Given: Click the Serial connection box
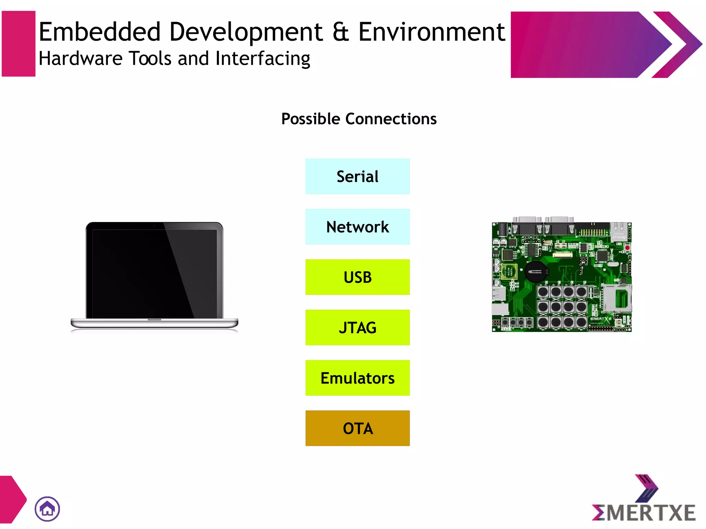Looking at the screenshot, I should [357, 176].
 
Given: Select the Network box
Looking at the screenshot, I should [357, 227].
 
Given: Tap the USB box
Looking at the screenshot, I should [357, 277].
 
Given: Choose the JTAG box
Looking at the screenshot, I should [357, 327].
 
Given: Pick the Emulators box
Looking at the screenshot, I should [357, 378].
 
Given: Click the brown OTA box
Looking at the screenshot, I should [357, 428].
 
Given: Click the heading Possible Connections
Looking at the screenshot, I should [359, 119].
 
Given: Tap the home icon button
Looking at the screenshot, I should [47, 509].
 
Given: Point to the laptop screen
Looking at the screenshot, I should [154, 272].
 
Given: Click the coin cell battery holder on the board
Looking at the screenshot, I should [535, 272].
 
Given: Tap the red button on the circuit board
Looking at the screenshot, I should [627, 247].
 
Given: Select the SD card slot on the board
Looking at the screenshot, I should [617, 298].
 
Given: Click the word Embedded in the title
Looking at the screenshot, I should [100, 32].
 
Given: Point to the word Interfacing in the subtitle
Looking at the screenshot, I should [263, 59].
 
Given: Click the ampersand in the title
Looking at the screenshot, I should [341, 32].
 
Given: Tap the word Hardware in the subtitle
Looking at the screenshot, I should [80, 59].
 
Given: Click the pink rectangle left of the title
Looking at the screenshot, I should [19, 44].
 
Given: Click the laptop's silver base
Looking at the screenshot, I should [154, 323].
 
